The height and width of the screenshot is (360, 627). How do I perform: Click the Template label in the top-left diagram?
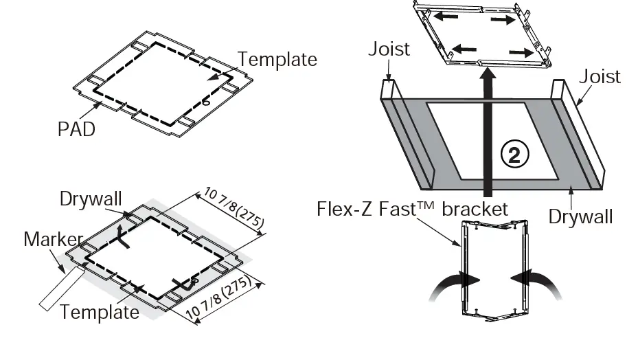coord(277,60)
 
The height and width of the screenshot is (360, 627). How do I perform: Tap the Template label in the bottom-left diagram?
coord(99,312)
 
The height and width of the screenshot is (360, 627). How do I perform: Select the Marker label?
coord(53,240)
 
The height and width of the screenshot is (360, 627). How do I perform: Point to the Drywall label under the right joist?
coord(580,217)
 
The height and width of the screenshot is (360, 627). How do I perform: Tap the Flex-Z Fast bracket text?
coord(413,209)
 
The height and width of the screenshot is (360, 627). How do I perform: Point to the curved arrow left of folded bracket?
coord(453,284)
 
